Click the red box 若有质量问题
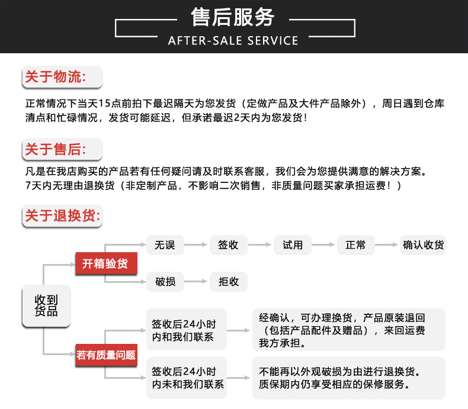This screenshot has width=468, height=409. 105,355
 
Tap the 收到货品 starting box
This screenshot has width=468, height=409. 46,306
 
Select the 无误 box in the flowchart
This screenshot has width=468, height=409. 165,245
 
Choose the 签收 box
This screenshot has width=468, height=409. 228,245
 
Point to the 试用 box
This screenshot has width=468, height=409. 293,245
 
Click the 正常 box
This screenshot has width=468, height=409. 355,245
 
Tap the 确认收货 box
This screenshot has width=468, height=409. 423,245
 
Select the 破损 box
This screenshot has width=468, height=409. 165,282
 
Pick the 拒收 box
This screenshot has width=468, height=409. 228,282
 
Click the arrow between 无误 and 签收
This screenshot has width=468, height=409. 197,245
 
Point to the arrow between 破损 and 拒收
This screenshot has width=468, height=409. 197,282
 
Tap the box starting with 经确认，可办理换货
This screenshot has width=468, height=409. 348,329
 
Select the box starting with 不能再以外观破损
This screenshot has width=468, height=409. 348,378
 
